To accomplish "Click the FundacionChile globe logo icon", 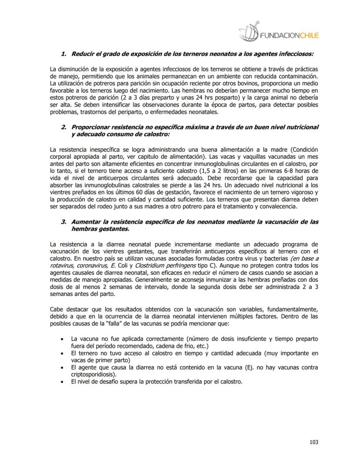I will pos(249,32).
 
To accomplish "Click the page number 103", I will pos(313,442).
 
